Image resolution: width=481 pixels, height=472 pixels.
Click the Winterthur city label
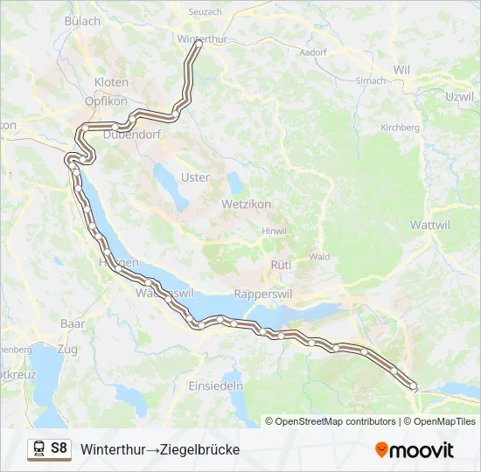point(202,39)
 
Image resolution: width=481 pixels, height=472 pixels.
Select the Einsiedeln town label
point(215,385)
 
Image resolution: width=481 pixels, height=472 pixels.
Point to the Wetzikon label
point(247,203)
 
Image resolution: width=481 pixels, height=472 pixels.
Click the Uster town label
point(195,177)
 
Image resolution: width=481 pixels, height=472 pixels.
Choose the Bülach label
point(83,21)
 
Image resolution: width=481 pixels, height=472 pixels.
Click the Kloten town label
point(111,82)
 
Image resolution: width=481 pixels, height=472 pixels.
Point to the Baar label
point(73,323)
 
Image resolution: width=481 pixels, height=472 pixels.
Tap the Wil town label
point(402,69)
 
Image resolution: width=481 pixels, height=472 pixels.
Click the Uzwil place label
point(459,95)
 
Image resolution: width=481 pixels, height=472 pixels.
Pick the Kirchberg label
point(400,128)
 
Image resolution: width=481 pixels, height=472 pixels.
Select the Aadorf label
point(312,52)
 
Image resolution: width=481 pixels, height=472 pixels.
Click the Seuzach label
point(206,11)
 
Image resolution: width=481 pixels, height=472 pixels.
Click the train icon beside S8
point(39,448)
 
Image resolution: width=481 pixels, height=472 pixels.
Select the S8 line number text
point(59,448)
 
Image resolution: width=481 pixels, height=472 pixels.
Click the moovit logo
point(415,449)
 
